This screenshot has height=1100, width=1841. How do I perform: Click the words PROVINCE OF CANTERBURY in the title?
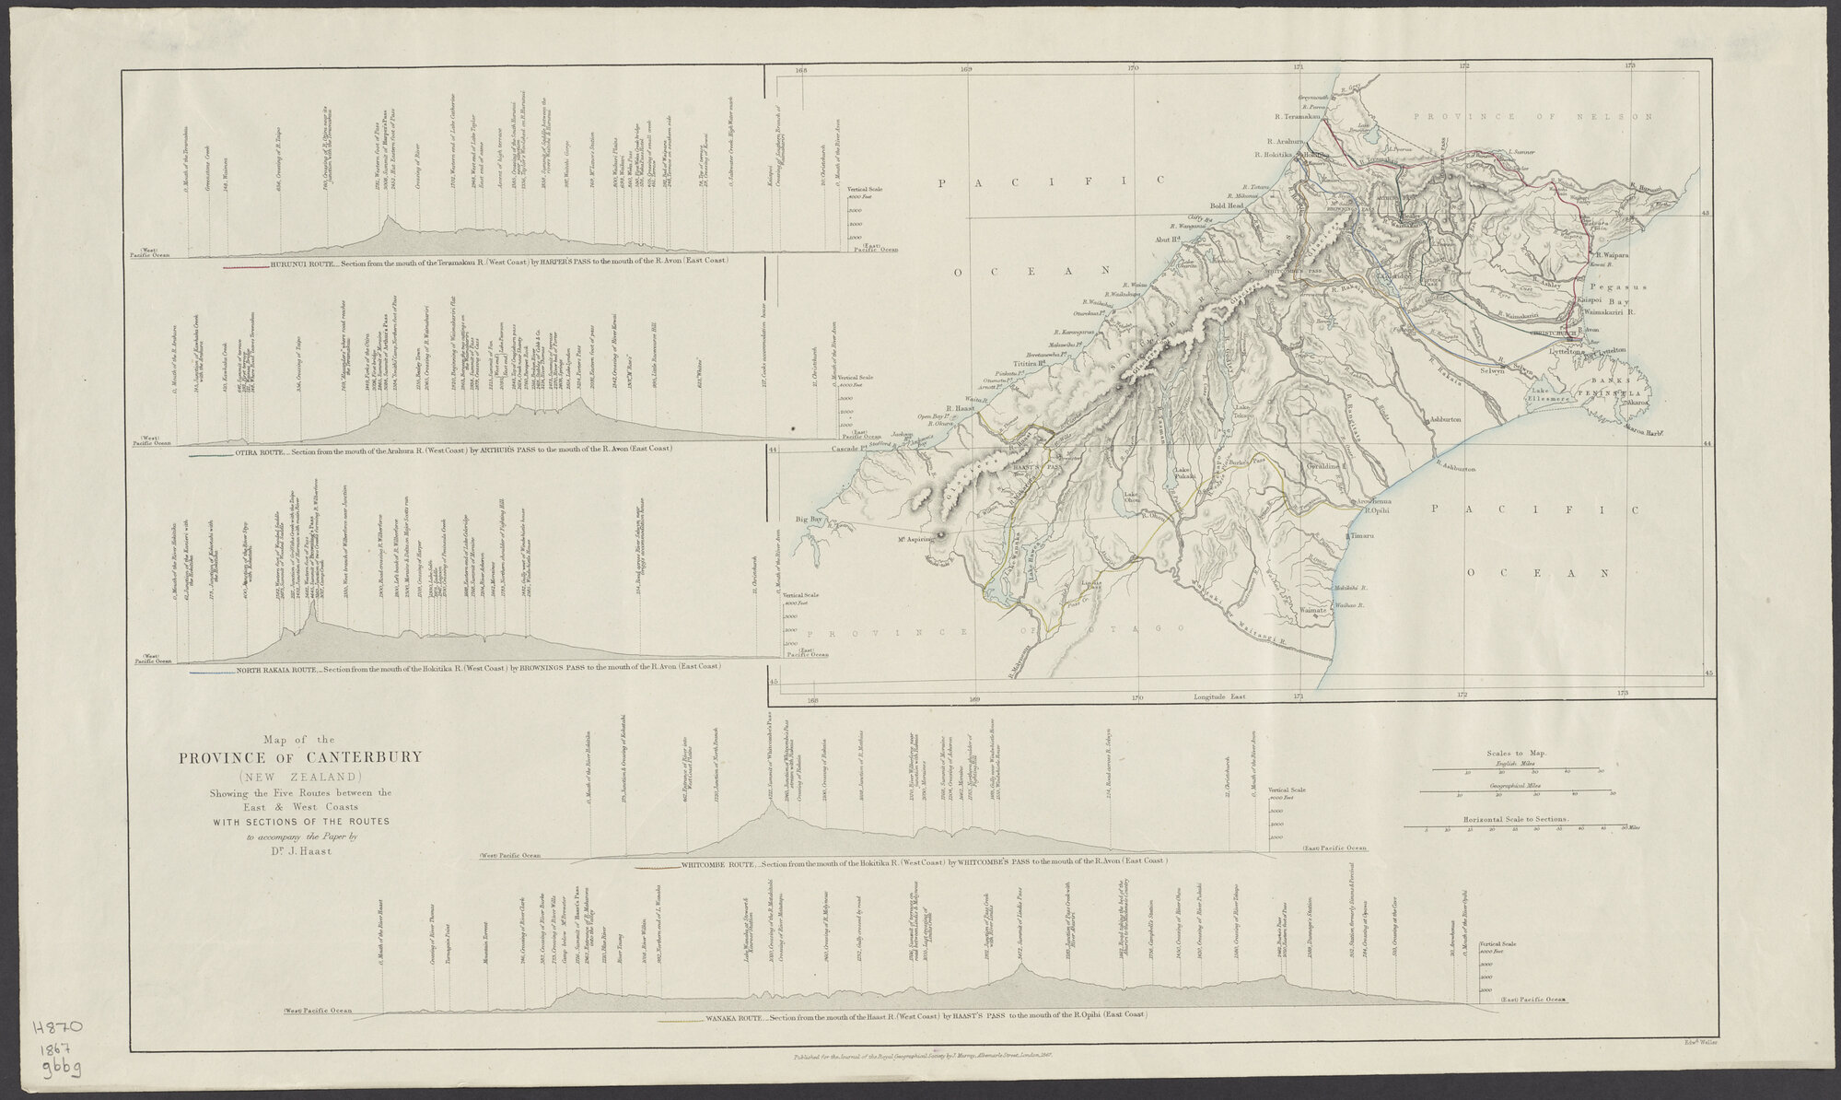300,757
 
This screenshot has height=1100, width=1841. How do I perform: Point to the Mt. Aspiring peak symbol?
941,535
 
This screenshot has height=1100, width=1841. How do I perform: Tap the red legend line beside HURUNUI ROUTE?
245,266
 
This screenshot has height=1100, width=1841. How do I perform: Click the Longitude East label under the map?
1218,697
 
